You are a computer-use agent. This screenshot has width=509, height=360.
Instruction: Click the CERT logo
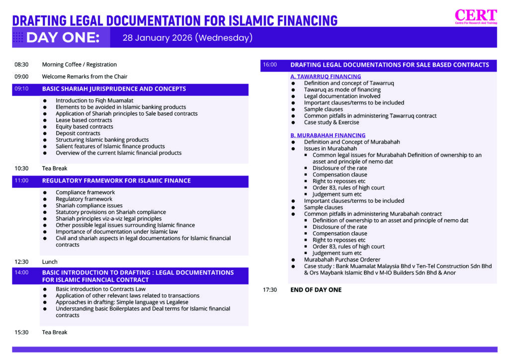click(x=476, y=16)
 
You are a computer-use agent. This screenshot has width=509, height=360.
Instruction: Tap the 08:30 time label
click(x=21, y=65)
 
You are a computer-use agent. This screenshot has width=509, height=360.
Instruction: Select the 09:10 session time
click(x=21, y=89)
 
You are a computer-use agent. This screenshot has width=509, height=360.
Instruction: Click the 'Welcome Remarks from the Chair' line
click(x=85, y=77)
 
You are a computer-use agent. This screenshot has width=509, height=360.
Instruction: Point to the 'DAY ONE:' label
click(x=63, y=38)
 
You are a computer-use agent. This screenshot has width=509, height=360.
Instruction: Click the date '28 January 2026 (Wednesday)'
click(x=187, y=38)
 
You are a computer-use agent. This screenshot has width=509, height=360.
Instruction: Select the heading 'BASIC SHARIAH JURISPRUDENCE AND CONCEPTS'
click(x=114, y=89)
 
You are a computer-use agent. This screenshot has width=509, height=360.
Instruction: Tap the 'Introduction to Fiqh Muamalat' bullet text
click(x=94, y=100)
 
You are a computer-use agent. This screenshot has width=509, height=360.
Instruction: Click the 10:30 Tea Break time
click(x=21, y=169)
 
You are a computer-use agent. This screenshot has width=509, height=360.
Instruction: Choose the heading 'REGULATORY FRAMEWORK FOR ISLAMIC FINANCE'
click(x=116, y=180)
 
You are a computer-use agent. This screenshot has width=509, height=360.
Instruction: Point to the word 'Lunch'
click(x=50, y=262)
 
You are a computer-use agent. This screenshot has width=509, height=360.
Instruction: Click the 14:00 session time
click(x=21, y=272)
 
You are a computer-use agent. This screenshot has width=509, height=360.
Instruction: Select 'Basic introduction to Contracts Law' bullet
click(x=100, y=289)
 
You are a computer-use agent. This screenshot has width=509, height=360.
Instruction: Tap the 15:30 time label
click(x=21, y=332)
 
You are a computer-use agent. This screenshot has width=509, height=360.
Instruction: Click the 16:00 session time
click(x=270, y=65)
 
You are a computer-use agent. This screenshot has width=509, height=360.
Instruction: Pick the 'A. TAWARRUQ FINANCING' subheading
click(x=326, y=77)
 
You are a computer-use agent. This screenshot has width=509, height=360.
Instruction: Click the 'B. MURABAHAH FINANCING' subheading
click(x=328, y=135)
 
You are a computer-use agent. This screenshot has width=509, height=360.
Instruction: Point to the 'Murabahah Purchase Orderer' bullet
click(x=342, y=260)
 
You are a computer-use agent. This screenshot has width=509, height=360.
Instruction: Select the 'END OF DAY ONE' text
click(x=316, y=290)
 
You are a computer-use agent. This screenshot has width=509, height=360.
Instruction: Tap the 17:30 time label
click(x=270, y=290)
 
